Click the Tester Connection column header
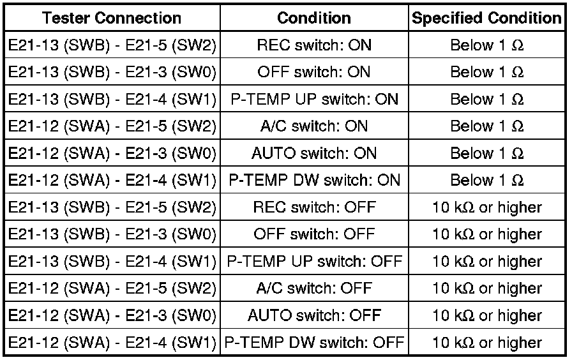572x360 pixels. pos(112,18)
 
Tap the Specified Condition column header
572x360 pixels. pos(486,18)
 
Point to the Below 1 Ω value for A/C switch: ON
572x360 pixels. pos(486,126)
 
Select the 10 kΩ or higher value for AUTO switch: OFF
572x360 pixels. pos(486,315)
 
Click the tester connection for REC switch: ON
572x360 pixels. pos(112,45)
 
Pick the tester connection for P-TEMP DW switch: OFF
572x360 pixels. pos(112,343)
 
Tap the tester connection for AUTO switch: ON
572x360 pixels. pos(112,153)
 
